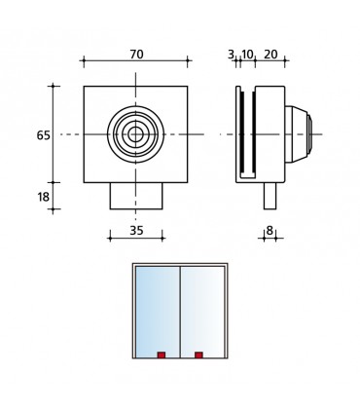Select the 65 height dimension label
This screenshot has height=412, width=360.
click(x=43, y=135)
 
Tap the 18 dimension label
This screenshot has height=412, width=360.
click(x=43, y=197)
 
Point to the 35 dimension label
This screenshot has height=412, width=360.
click(x=136, y=231)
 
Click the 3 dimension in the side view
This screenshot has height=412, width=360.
click(x=231, y=55)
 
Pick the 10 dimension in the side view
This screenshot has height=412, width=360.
click(x=247, y=55)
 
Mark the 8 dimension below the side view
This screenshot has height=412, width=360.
click(x=270, y=231)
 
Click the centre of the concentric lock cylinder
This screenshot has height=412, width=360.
click(x=136, y=133)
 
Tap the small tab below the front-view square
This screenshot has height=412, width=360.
click(x=136, y=195)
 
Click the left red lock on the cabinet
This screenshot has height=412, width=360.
click(x=162, y=355)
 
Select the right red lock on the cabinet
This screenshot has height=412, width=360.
click(x=198, y=355)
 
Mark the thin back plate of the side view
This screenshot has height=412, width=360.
click(x=238, y=133)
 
